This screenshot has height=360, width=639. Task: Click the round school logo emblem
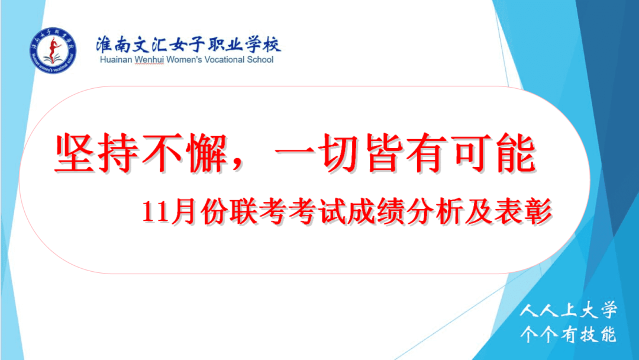click(53, 50)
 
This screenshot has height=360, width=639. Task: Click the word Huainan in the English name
click(116, 60)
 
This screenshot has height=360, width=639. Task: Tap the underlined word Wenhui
click(149, 60)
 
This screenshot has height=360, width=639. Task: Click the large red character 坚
click(76, 153)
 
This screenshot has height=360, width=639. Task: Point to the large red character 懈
click(206, 153)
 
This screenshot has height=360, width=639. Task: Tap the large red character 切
click(340, 153)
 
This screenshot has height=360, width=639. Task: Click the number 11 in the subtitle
click(155, 212)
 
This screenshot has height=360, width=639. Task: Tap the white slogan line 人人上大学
click(569, 310)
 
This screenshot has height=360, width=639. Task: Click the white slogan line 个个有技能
click(569, 335)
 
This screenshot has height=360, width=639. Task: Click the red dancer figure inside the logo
click(53, 48)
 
